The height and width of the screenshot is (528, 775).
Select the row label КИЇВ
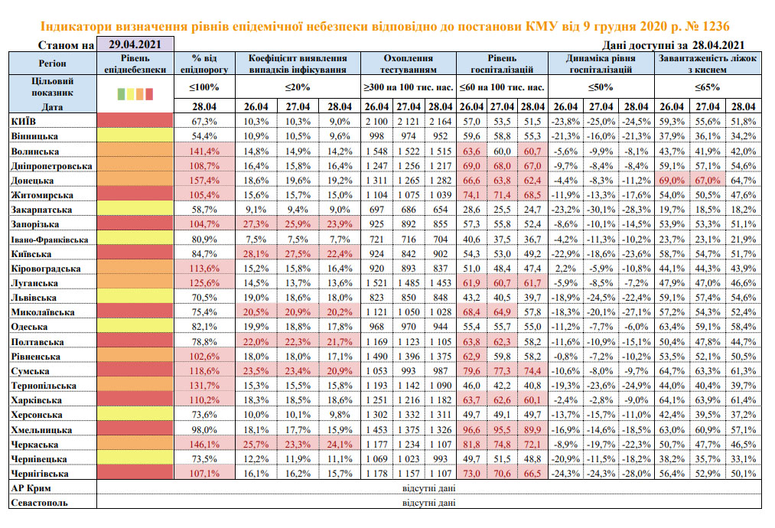23,121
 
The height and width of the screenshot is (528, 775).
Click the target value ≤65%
708,86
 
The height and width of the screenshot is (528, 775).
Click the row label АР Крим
33,489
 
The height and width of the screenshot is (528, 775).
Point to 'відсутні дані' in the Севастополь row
428,504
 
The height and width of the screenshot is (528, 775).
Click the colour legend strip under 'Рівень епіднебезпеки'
135,95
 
